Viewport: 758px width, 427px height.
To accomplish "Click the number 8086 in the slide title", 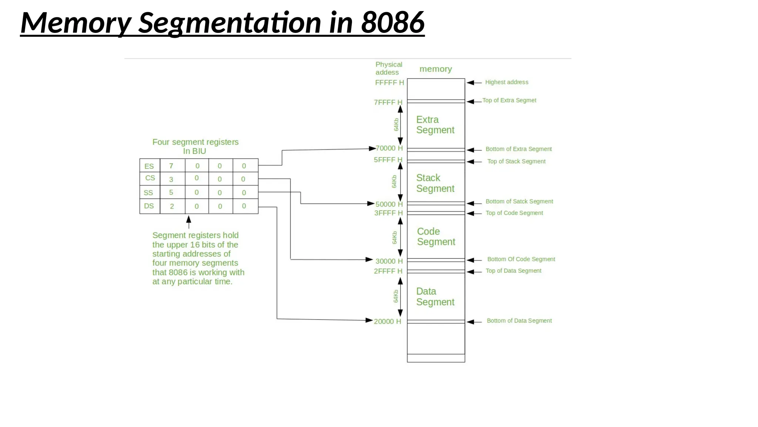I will [393, 22].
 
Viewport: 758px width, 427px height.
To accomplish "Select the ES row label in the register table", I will [149, 166].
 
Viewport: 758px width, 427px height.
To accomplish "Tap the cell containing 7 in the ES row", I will [171, 166].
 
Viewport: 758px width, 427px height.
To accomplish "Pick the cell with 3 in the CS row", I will [171, 179].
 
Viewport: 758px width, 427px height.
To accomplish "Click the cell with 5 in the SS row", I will [171, 192].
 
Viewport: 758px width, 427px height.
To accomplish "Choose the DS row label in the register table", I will [149, 206].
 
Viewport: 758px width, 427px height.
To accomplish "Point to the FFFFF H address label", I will [389, 83].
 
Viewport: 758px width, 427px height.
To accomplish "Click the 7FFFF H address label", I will [388, 102].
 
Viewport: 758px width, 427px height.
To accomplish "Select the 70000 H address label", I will [389, 148].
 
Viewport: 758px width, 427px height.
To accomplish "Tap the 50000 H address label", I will [389, 204].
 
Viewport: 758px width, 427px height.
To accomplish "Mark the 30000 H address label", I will [389, 261].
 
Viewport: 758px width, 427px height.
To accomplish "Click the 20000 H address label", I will [387, 321].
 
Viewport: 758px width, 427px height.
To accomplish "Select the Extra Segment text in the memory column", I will [435, 125].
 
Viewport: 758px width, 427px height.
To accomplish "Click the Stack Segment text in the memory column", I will [435, 183].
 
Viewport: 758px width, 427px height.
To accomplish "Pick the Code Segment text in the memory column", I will [436, 236].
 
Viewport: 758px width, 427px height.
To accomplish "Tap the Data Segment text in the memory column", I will [435, 297].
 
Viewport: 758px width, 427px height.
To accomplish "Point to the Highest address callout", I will [507, 82].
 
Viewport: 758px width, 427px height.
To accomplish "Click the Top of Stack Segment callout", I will [516, 161].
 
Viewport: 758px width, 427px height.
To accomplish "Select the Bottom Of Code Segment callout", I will [521, 259].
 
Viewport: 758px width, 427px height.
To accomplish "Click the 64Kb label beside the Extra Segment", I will [396, 125].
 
